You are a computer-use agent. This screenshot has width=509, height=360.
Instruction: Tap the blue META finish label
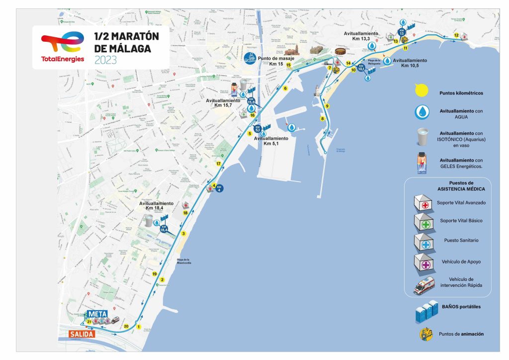pos(97,314)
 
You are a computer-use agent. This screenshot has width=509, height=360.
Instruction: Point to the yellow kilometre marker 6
pos(285,89)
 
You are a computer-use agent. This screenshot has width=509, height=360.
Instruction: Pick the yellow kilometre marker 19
pos(155,274)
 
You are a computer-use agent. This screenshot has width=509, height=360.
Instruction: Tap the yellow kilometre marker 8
pos(323,118)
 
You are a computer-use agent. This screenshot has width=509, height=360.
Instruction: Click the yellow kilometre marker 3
pos(183,234)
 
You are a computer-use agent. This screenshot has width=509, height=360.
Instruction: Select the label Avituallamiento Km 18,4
pos(157,206)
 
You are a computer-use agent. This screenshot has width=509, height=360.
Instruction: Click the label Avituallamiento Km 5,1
pos(271,141)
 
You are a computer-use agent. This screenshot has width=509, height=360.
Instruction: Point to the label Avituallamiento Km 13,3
pos(361,36)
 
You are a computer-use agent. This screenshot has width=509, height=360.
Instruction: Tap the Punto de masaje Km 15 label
pos(276,61)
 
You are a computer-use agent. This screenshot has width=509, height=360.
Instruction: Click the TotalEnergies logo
pos(63,48)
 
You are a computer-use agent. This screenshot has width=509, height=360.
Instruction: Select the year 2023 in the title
pos(105,60)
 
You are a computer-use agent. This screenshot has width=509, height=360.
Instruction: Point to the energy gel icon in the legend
pos(422,163)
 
